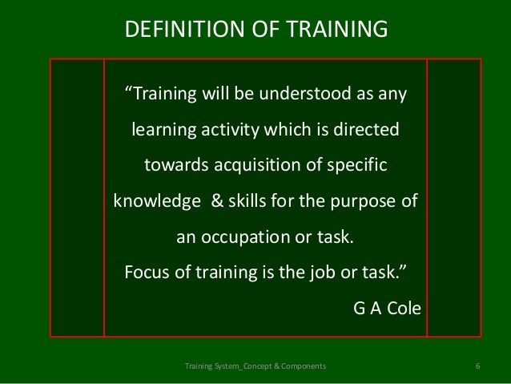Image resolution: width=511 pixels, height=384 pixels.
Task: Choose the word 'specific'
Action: tap(357, 165)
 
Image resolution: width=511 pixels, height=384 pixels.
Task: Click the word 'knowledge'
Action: tap(152, 201)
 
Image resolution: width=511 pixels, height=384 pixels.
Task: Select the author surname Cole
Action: tap(401, 308)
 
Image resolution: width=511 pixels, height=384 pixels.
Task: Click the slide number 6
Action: tap(477, 366)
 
